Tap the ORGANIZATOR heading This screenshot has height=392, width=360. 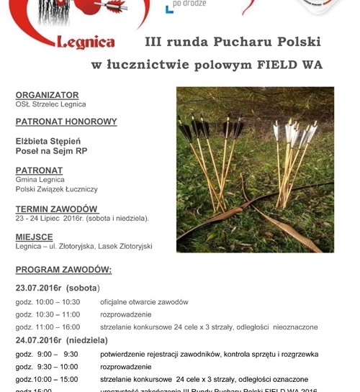(x=47, y=95)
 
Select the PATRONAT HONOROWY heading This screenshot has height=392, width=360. (x=66, y=122)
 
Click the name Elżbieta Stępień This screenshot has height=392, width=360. (x=48, y=141)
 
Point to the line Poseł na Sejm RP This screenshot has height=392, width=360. (x=51, y=152)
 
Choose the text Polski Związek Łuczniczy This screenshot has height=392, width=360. (x=56, y=189)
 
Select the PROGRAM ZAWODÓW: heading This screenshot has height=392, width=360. (x=63, y=270)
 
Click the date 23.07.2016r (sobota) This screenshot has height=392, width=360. (x=57, y=288)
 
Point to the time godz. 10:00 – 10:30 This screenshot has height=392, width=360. (x=48, y=302)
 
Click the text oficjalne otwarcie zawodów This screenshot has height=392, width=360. (x=144, y=302)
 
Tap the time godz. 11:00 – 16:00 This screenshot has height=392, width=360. (x=48, y=327)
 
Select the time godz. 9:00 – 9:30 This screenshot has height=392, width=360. (x=46, y=354)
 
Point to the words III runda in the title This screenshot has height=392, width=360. (x=173, y=42)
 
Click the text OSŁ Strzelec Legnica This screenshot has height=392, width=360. (x=50, y=104)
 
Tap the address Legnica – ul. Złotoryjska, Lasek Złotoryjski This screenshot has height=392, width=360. (x=84, y=246)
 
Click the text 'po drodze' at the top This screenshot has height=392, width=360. (x=190, y=4)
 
